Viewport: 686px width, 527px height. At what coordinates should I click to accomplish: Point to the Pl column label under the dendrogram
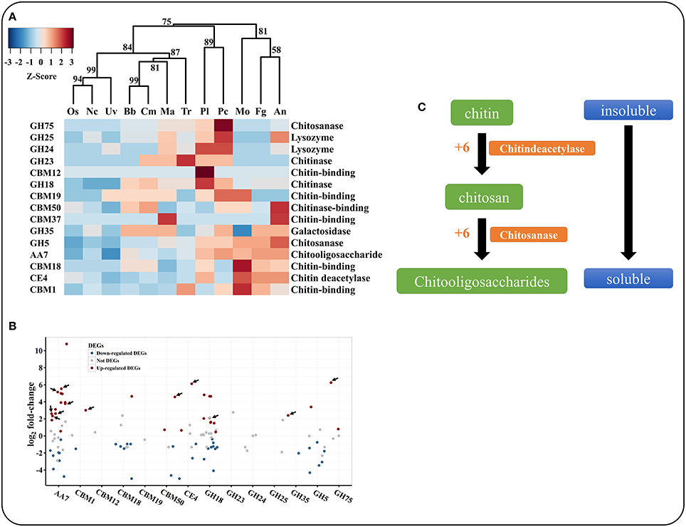coord(204,113)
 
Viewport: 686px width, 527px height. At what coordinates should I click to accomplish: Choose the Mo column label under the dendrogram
coord(242,113)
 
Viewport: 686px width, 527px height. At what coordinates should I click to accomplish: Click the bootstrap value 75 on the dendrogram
coord(167,22)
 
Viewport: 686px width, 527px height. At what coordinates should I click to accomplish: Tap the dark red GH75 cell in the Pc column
coord(223,125)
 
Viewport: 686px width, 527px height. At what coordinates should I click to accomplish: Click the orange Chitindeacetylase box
coord(542,148)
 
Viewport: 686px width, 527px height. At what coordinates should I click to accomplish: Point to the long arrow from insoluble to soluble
coord(627,192)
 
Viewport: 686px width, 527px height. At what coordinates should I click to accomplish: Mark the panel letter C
coord(422,107)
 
